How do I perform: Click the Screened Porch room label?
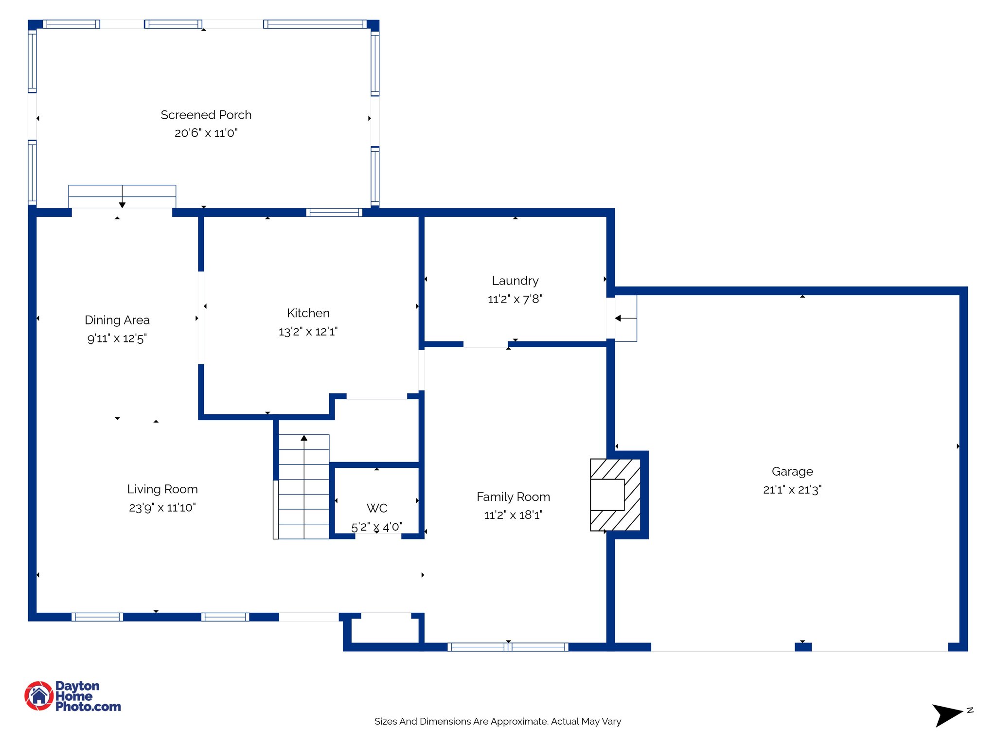[x=206, y=115]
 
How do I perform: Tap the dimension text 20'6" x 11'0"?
[x=206, y=133]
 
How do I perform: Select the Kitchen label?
[x=308, y=313]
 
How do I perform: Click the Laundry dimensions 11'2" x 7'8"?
[x=515, y=299]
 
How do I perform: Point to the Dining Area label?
[x=117, y=320]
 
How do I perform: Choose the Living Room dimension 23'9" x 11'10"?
[x=162, y=508]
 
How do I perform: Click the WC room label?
[x=377, y=508]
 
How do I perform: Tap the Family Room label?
[x=513, y=497]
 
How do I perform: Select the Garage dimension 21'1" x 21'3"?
[x=792, y=490]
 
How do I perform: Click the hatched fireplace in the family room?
[x=615, y=495]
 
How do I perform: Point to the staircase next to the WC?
[x=303, y=486]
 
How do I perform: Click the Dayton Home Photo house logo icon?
[x=39, y=695]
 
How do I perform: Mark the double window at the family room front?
[x=508, y=647]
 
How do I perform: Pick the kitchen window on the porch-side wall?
[x=334, y=212]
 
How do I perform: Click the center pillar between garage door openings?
[x=803, y=647]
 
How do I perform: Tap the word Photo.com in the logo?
[x=88, y=707]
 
